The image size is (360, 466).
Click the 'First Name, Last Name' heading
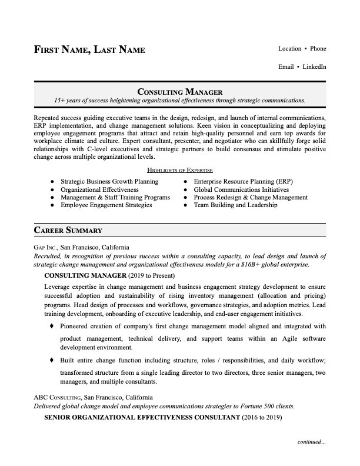pyautogui.click(x=89, y=49)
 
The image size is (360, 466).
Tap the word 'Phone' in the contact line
pyautogui.click(x=318, y=48)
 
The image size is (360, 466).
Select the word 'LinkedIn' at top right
pyautogui.click(x=315, y=66)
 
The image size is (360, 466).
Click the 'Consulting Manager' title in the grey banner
pyautogui.click(x=179, y=91)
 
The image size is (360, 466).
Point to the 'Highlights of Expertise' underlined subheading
pyautogui.click(x=179, y=170)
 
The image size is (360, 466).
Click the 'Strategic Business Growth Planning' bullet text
pyautogui.click(x=109, y=182)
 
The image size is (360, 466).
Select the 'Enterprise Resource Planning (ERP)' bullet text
pyautogui.click(x=243, y=182)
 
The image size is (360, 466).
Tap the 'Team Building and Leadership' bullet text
pyautogui.click(x=235, y=205)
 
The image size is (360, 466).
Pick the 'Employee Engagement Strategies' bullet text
pyautogui.click(x=106, y=205)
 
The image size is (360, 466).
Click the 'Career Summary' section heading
pyautogui.click(x=68, y=230)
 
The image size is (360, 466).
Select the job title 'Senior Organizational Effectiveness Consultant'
pyautogui.click(x=142, y=417)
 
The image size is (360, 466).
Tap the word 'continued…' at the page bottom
pyautogui.click(x=311, y=441)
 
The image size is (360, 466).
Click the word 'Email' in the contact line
pyautogui.click(x=286, y=66)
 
